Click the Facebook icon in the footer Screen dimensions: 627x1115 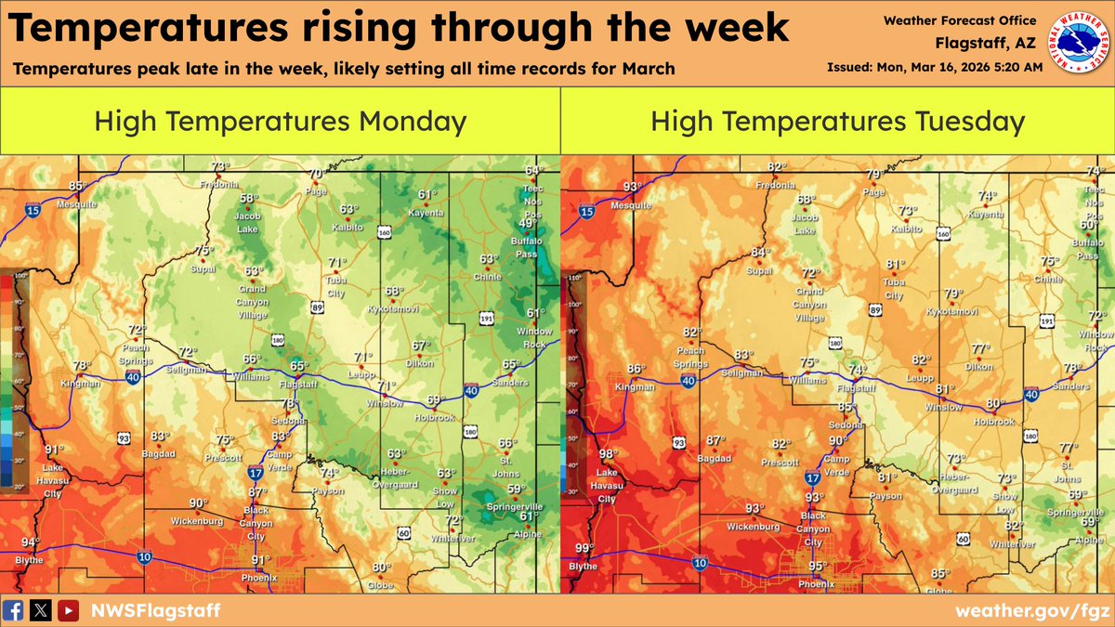coord(14,610)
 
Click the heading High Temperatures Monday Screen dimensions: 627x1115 coord(281,121)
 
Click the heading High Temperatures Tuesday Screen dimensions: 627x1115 coord(837,121)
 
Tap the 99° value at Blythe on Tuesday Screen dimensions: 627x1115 coord(584,548)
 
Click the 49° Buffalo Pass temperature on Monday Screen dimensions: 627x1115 coord(527,224)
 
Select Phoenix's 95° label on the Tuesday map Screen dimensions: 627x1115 coord(818,566)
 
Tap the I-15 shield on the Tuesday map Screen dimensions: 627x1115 coord(586,213)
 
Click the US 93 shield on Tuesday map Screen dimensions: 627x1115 coord(679,443)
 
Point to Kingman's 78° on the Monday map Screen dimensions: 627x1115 coord(82,365)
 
